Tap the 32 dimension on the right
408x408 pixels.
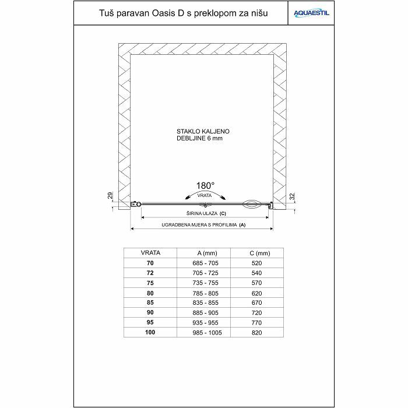pos(293,196)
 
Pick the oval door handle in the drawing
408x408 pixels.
pos(253,204)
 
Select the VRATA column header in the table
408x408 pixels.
pos(151,253)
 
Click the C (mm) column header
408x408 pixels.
pos(259,253)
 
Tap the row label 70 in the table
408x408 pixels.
pos(151,263)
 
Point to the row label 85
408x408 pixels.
pos(151,303)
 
